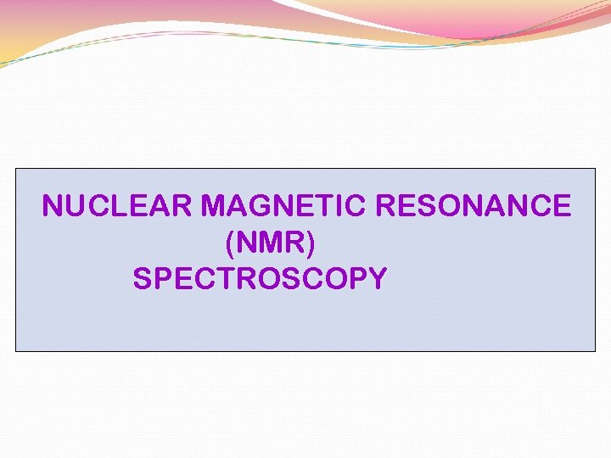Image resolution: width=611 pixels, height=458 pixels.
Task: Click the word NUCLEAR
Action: coord(120,206)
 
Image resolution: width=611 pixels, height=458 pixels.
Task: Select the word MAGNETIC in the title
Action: coord(287,206)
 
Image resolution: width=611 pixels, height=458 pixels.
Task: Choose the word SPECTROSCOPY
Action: coord(260,278)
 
